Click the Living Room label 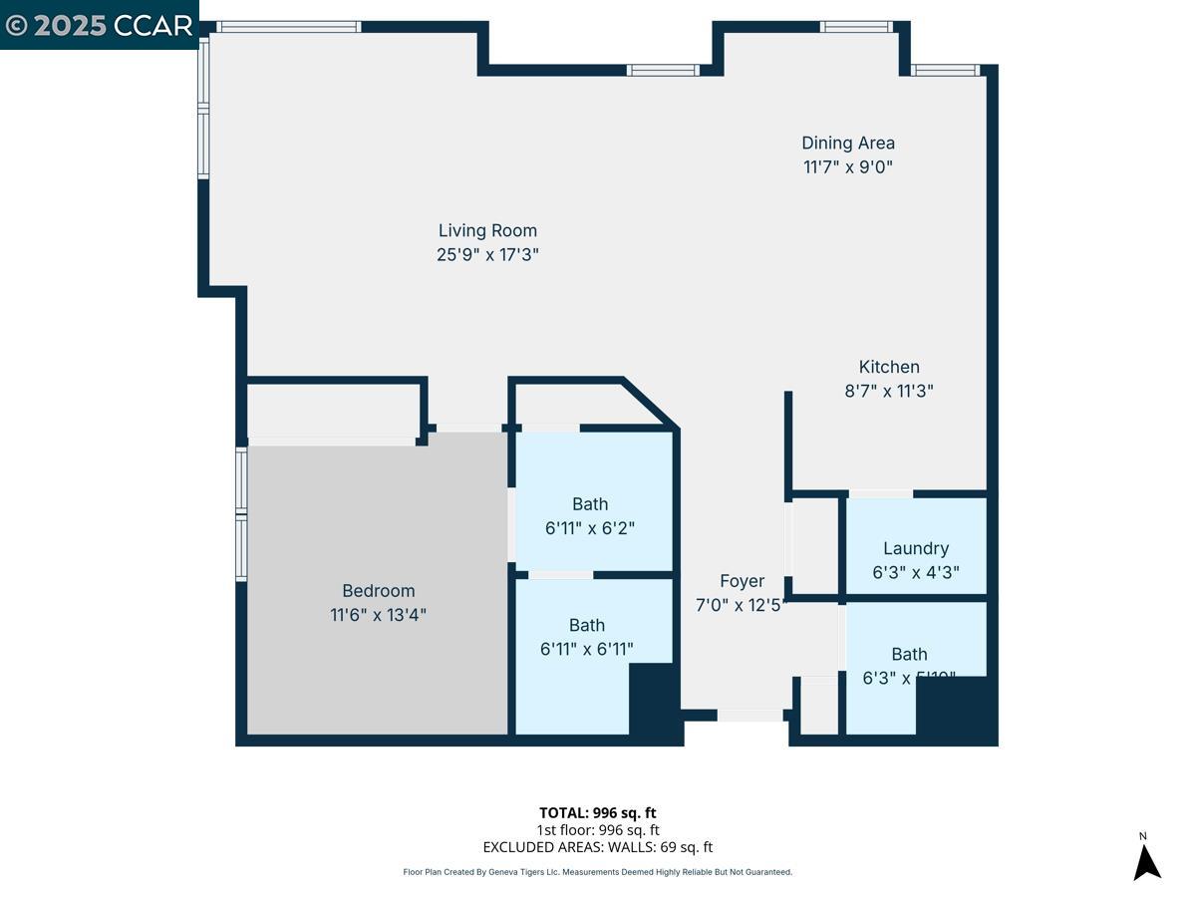pyautogui.click(x=487, y=231)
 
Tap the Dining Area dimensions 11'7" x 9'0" pyautogui.click(x=847, y=167)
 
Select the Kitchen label pyautogui.click(x=889, y=367)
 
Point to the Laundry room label pyautogui.click(x=915, y=548)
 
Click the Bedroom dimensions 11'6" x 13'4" pyautogui.click(x=378, y=615)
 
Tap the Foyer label pyautogui.click(x=742, y=581)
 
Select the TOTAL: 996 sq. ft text pyautogui.click(x=597, y=812)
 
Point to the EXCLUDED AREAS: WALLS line pyautogui.click(x=597, y=847)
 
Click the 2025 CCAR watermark pyautogui.click(x=99, y=25)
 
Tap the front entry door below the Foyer pyautogui.click(x=749, y=715)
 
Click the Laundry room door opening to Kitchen pyautogui.click(x=880, y=493)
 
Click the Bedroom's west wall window pyautogui.click(x=241, y=513)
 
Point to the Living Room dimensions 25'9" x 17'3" pyautogui.click(x=487, y=254)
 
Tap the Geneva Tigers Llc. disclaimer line pyautogui.click(x=597, y=872)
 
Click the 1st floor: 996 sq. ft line pyautogui.click(x=597, y=829)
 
